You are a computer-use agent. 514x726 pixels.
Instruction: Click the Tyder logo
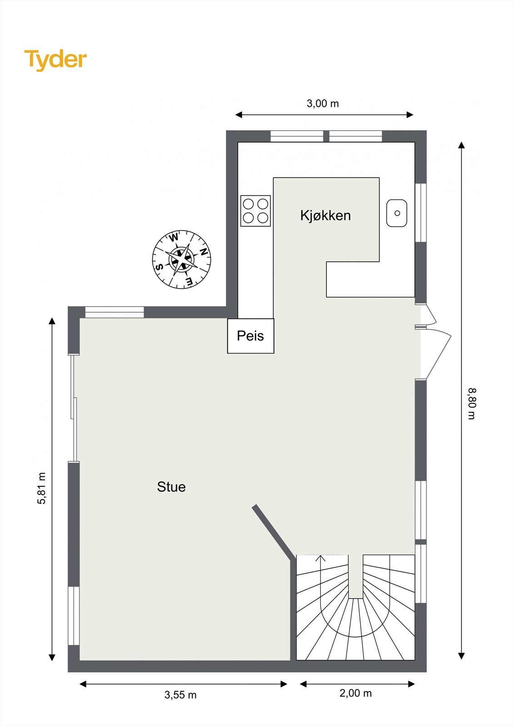[x=55, y=60]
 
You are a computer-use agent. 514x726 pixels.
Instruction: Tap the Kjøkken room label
[x=325, y=216]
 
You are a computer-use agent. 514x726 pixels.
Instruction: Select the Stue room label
[x=171, y=487]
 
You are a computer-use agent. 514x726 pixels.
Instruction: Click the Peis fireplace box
[x=250, y=336]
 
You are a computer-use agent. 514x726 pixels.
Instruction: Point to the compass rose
[x=181, y=259]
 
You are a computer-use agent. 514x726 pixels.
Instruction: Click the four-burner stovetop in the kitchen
[x=255, y=211]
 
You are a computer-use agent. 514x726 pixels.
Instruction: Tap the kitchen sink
[x=397, y=213]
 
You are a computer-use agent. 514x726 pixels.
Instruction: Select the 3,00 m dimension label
[x=323, y=103]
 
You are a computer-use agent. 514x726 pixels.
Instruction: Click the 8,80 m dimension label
[x=472, y=403]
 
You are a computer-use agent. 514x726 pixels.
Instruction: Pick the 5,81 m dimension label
[x=42, y=488]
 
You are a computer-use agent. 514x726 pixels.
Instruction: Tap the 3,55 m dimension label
[x=180, y=695]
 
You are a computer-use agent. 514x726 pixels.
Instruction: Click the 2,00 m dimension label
[x=355, y=693]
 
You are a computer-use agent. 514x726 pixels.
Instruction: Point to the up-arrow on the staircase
[x=320, y=558]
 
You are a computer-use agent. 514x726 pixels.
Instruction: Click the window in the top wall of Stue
[x=115, y=312]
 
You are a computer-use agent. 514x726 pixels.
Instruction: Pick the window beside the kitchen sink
[x=421, y=212]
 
